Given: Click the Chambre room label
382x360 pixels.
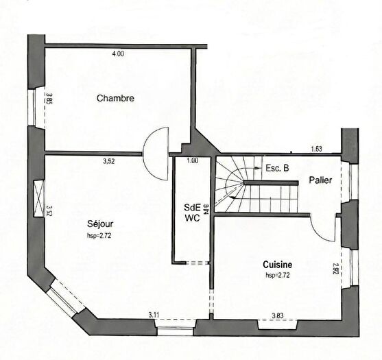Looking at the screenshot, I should click(x=115, y=98).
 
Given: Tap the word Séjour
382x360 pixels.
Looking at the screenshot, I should click(x=100, y=224).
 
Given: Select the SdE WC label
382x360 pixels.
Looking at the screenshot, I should click(x=191, y=213).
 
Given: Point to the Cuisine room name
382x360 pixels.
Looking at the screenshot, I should click(x=278, y=264).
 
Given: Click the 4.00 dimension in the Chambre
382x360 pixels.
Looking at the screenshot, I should click(x=119, y=53).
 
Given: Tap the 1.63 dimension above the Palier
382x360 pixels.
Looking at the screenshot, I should click(x=316, y=149).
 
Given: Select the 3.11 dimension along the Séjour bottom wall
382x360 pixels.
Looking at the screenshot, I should click(x=155, y=315).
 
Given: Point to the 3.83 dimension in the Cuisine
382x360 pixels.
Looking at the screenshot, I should click(x=278, y=315).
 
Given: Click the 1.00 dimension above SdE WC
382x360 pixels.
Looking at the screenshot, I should click(x=193, y=161).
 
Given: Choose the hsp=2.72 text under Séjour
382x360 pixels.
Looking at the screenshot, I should click(x=100, y=235).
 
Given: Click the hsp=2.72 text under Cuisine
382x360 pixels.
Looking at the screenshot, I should click(x=278, y=274).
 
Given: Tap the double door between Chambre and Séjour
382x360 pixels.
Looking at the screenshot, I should click(x=157, y=152).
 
